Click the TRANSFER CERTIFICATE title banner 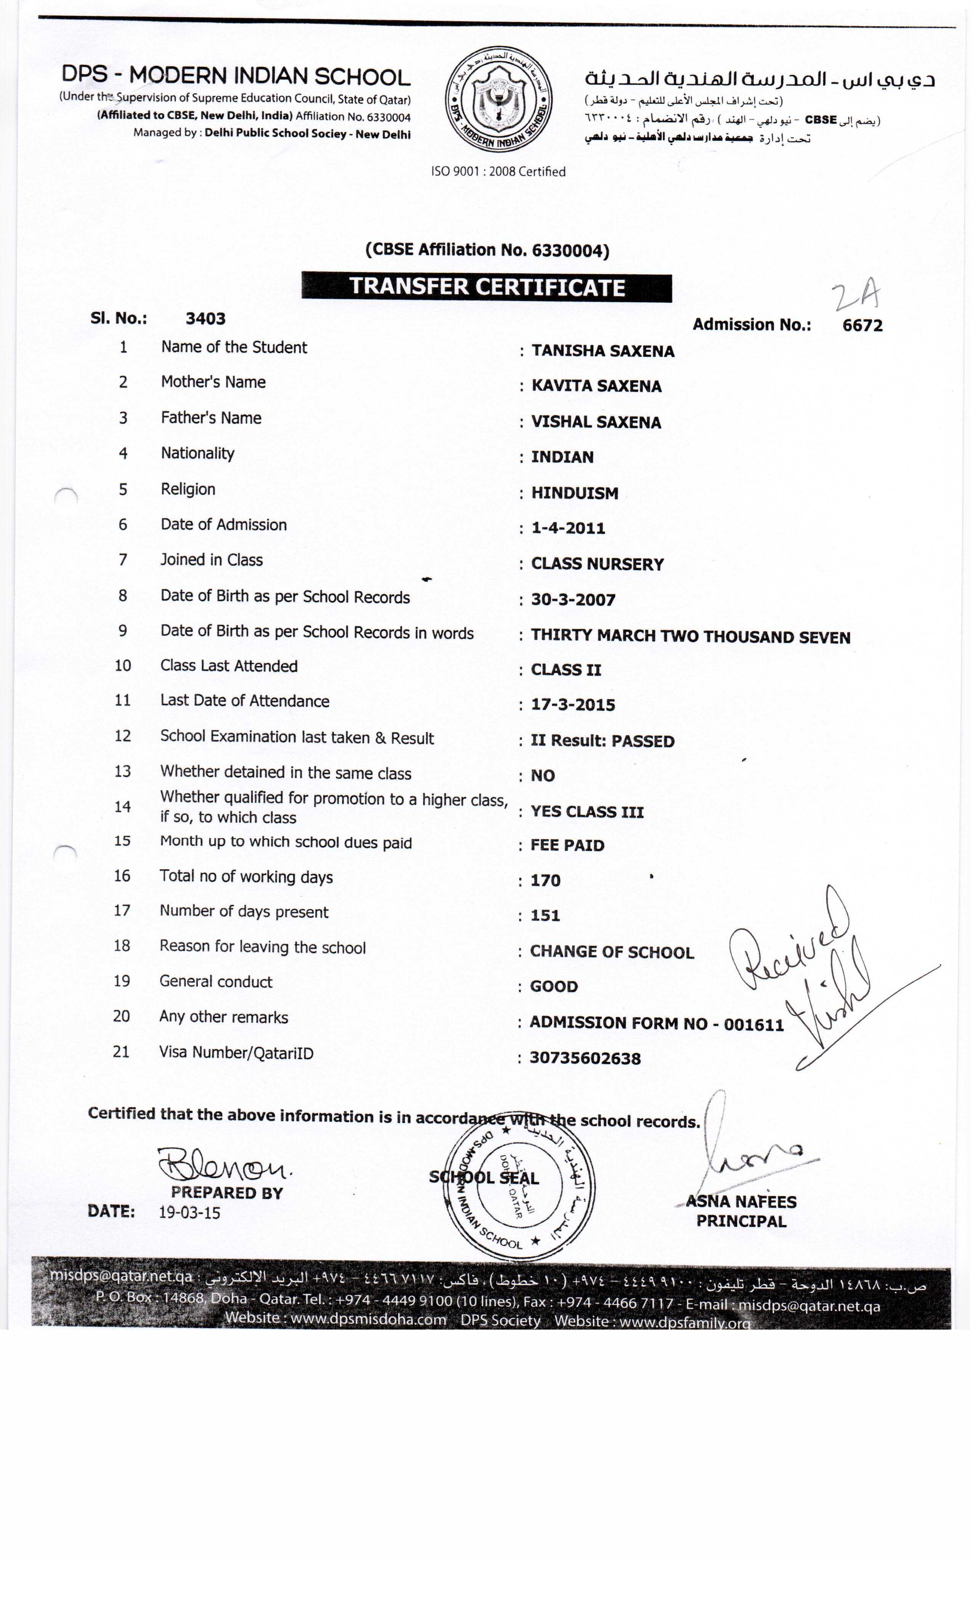487,287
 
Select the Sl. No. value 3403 205,318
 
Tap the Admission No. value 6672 862,325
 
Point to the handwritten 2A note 857,296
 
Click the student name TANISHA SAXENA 602,351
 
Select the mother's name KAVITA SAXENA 596,386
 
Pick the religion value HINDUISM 574,493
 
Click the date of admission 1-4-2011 568,528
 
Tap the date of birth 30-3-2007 573,600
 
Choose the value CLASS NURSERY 597,564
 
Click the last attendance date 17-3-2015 573,705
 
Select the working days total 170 545,881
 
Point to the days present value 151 544,916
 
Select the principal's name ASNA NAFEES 741,1202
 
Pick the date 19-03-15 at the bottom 190,1213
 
